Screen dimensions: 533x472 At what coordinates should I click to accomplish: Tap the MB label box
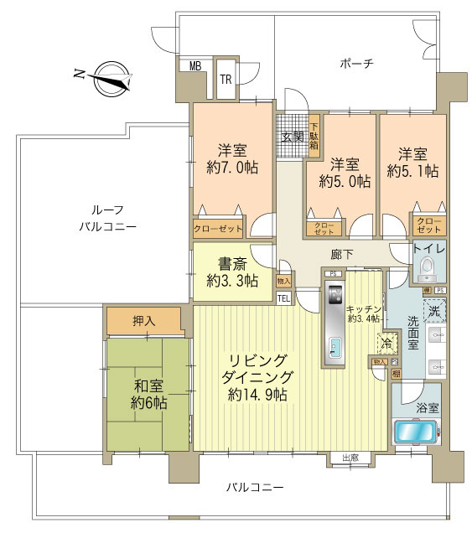[x=195, y=66]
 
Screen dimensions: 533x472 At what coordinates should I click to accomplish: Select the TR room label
[x=226, y=80]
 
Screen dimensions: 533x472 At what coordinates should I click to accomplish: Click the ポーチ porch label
[x=356, y=63]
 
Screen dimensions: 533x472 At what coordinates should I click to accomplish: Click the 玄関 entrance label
[x=292, y=137]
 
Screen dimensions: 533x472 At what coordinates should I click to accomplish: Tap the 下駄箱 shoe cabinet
[x=314, y=135]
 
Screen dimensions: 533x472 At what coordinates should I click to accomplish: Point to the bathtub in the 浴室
[x=415, y=434]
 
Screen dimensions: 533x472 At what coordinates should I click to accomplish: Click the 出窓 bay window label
[x=350, y=457]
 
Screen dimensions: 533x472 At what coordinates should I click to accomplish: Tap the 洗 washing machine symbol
[x=433, y=311]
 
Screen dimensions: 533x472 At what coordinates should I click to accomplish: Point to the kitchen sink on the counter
[x=335, y=346]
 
